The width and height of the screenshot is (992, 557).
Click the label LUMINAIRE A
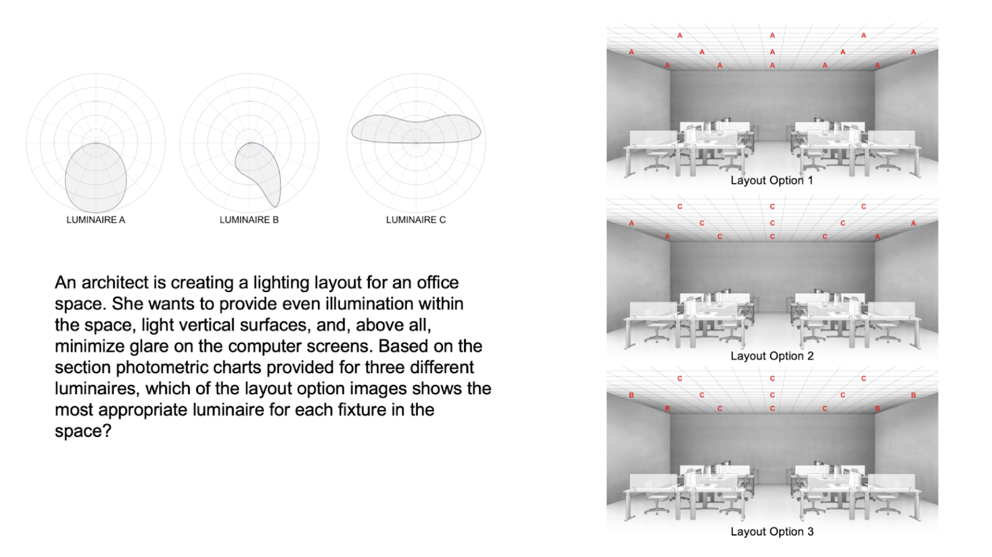(95, 219)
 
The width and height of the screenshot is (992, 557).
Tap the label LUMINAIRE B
(249, 219)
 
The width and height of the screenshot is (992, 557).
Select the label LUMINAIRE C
(415, 219)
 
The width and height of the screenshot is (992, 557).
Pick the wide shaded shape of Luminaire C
(415, 129)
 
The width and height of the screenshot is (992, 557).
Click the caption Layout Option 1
(771, 180)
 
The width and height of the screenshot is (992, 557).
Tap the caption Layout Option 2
(771, 356)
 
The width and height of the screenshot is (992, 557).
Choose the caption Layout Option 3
(771, 531)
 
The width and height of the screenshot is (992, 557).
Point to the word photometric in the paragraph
(173, 368)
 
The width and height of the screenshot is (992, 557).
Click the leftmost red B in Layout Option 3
(631, 395)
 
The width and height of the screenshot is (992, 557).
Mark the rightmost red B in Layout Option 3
(913, 395)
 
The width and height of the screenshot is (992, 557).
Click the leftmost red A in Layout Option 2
(631, 223)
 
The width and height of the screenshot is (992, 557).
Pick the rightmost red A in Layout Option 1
(913, 52)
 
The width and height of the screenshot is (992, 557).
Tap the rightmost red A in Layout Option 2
(913, 223)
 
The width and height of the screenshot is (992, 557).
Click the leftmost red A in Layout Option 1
(631, 52)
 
